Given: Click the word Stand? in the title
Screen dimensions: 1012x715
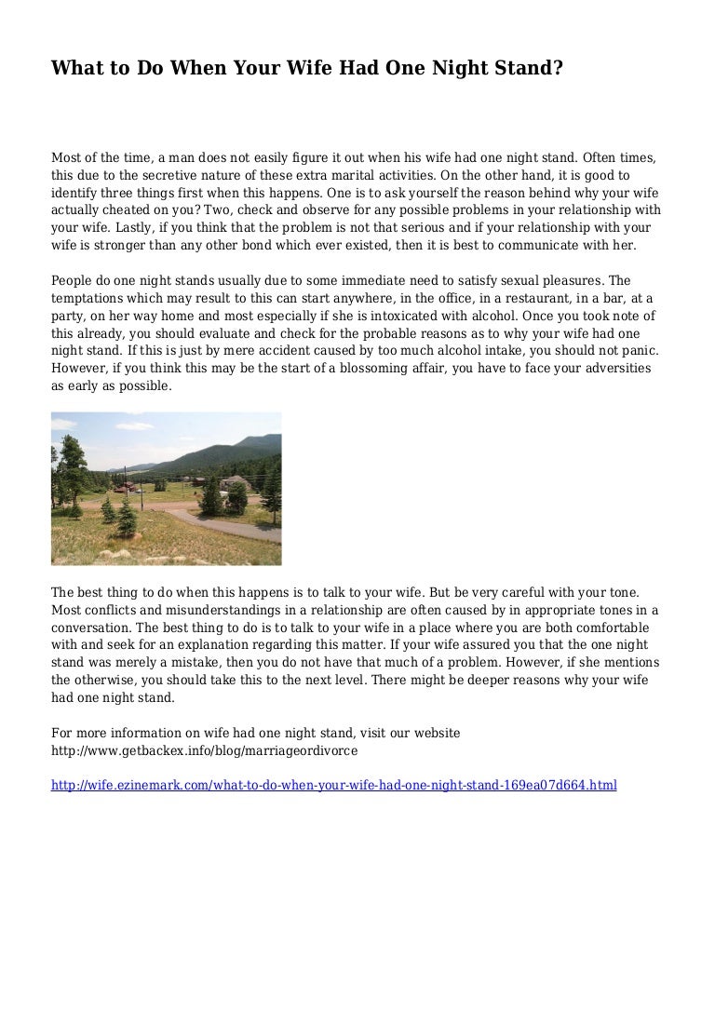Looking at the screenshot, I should tap(527, 68).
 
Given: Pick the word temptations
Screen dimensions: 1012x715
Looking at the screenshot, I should tap(88, 298).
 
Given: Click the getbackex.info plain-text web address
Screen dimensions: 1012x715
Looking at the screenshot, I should tap(204, 749).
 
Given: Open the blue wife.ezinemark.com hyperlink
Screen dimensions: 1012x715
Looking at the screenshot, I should tap(333, 785).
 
